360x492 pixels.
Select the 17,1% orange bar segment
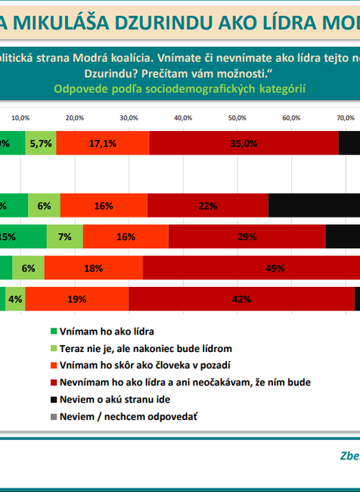click(x=102, y=143)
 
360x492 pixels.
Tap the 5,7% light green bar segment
click(x=40, y=143)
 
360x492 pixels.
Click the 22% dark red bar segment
click(x=208, y=205)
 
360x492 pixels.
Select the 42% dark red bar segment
click(x=241, y=299)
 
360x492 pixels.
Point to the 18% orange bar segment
click(x=93, y=268)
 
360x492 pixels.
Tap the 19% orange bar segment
click(x=76, y=299)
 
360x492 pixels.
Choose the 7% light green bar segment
click(x=64, y=236)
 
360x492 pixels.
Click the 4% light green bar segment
click(x=15, y=299)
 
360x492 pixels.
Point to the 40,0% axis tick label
click(x=182, y=118)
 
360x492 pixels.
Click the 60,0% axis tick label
click(x=291, y=118)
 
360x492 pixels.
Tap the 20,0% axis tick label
click(x=74, y=118)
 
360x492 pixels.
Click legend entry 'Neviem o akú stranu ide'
click(x=123, y=399)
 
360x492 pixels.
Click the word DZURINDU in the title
click(x=128, y=23)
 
